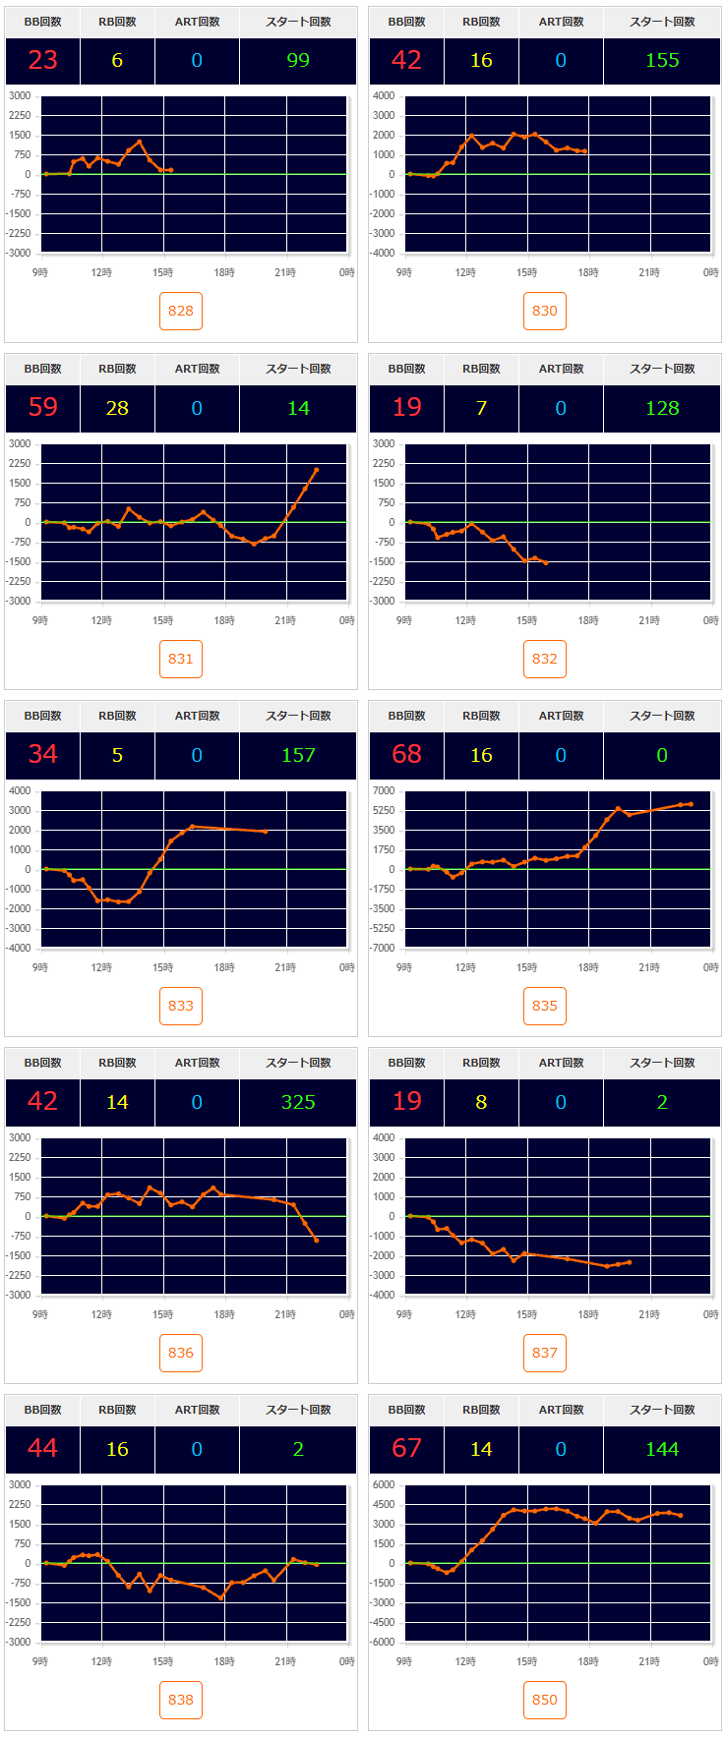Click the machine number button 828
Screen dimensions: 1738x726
[180, 311]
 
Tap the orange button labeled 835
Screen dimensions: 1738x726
[544, 1006]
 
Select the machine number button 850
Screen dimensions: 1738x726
[544, 1700]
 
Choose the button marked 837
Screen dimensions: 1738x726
[544, 1353]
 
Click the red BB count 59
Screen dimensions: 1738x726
[43, 407]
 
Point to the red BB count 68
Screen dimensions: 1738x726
[406, 754]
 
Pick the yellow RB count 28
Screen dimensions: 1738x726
[117, 408]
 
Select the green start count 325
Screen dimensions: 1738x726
[298, 1102]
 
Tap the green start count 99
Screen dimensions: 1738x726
[298, 60]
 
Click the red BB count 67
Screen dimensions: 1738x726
[406, 1448]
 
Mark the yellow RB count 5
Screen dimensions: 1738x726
[117, 755]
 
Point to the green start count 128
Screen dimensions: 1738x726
[662, 408]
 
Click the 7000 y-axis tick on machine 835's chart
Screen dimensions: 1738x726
[384, 790]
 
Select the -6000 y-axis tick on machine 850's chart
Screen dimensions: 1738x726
[381, 1642]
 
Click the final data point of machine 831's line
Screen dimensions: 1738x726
[316, 470]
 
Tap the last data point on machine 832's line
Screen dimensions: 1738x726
[546, 562]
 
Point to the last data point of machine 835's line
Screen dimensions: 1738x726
[691, 804]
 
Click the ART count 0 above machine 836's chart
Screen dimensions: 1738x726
[197, 1102]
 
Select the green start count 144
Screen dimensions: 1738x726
[662, 1449]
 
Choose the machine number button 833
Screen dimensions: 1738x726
[180, 1006]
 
